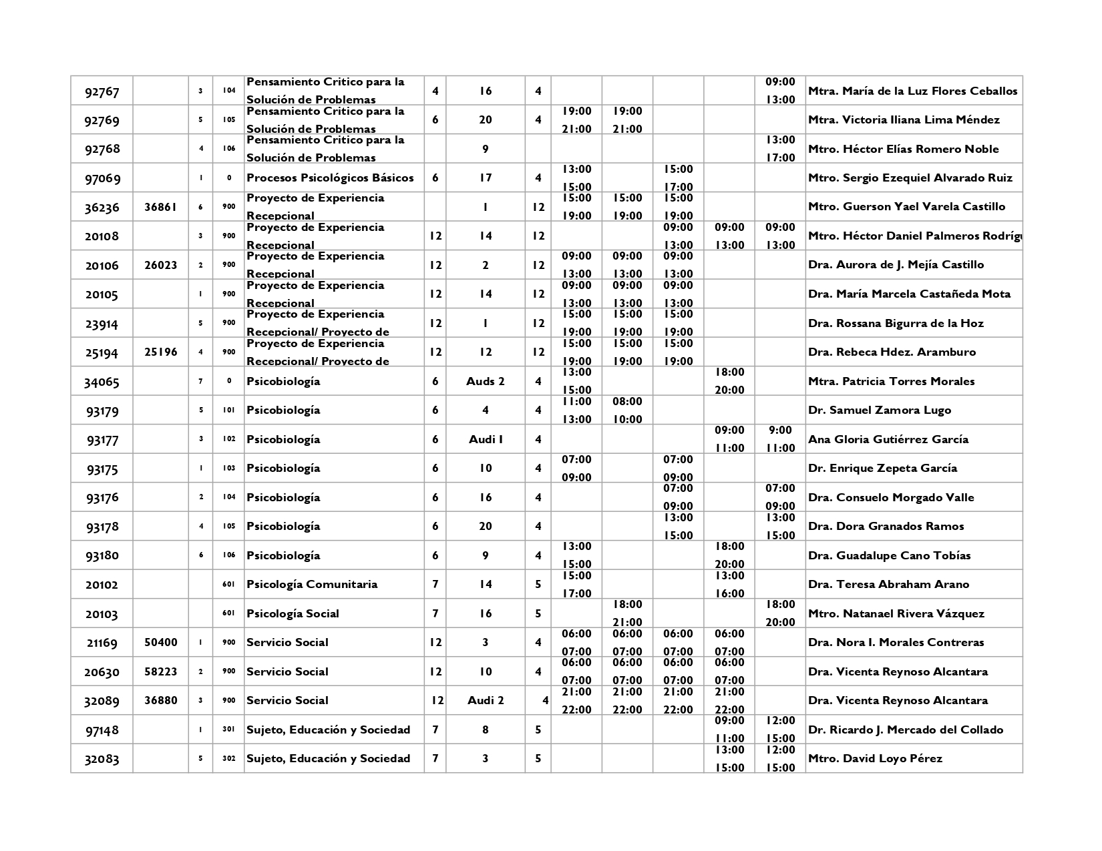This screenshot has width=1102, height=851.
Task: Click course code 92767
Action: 102,91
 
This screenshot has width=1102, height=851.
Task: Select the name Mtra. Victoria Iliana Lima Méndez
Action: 904,120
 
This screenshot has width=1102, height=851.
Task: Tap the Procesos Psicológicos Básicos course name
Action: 330,178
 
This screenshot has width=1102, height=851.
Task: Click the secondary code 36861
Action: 160,207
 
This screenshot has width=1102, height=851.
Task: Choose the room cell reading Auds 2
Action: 485,382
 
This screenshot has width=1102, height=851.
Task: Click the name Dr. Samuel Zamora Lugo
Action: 879,410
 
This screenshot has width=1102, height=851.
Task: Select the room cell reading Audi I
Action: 485,439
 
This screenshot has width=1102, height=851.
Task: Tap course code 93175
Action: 102,469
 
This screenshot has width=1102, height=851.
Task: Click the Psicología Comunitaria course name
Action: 312,585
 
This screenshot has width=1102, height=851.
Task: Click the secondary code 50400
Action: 160,643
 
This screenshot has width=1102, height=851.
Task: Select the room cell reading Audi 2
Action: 485,701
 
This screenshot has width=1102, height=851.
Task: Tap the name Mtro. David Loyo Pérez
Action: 875,759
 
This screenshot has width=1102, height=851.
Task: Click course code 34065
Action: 102,382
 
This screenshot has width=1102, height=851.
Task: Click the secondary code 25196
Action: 160,352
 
